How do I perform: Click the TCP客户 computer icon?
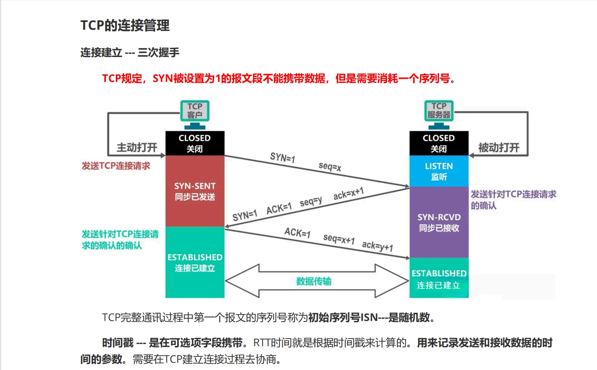pyautogui.click(x=195, y=111)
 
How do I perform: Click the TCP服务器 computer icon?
pyautogui.click(x=439, y=111)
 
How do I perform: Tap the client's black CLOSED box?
pyautogui.click(x=195, y=143)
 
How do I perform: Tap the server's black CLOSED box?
pyautogui.click(x=439, y=143)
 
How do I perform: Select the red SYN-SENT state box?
pyautogui.click(x=195, y=191)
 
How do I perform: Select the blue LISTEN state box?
pyautogui.click(x=439, y=171)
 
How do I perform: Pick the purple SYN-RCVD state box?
pyautogui.click(x=439, y=222)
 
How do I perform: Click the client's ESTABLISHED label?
pyautogui.click(x=195, y=257)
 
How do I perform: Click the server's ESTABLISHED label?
pyautogui.click(x=439, y=274)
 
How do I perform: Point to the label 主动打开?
pyautogui.click(x=137, y=148)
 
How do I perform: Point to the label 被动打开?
pyautogui.click(x=499, y=148)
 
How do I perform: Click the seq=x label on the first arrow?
pyautogui.click(x=330, y=167)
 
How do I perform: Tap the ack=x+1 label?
pyautogui.click(x=348, y=194)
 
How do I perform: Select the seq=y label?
pyautogui.click(x=311, y=202)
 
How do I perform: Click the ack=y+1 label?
pyautogui.click(x=377, y=246)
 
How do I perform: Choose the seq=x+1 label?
pyautogui.click(x=339, y=239)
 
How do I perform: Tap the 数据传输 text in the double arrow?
pyautogui.click(x=314, y=281)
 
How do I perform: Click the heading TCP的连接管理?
pyautogui.click(x=125, y=26)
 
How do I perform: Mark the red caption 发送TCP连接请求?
pyautogui.click(x=116, y=166)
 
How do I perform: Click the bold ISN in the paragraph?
pyautogui.click(x=369, y=317)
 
